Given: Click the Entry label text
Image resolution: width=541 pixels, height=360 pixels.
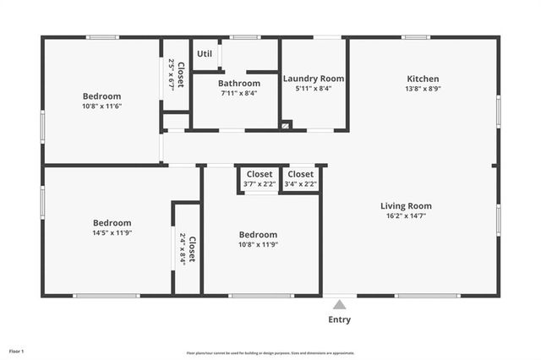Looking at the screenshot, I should (x=339, y=319).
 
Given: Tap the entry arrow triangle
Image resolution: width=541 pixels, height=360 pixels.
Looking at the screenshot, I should (x=339, y=304).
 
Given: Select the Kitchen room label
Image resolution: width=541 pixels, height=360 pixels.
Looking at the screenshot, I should (x=424, y=79).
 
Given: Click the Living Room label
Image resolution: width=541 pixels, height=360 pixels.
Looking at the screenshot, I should (x=406, y=205).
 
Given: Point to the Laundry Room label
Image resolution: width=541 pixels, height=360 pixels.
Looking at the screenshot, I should (x=313, y=79).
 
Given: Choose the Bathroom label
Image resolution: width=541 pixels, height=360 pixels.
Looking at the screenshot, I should (x=239, y=83).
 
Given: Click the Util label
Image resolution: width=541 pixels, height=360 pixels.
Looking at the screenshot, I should (x=205, y=54).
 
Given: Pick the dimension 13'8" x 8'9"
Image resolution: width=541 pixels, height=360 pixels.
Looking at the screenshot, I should (x=424, y=88).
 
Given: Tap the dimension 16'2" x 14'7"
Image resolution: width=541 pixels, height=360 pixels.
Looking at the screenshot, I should (x=406, y=215).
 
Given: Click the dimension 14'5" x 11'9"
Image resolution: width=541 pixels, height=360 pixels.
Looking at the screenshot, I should (x=112, y=232).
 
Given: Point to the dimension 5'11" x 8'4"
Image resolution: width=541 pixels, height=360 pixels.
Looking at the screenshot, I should (x=313, y=88).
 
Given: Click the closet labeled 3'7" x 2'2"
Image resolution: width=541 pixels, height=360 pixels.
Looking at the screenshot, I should (x=260, y=183).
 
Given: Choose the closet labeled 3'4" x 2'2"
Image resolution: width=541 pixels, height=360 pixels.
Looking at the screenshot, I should (x=301, y=183).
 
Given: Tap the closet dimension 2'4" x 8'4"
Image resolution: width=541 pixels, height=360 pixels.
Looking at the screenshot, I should (x=182, y=249).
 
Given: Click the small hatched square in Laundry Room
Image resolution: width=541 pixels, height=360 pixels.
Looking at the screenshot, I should (x=286, y=126).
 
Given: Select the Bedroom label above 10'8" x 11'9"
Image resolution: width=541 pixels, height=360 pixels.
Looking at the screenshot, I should (x=258, y=234).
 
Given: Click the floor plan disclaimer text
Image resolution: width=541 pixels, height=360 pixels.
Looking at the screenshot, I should (x=270, y=353).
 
